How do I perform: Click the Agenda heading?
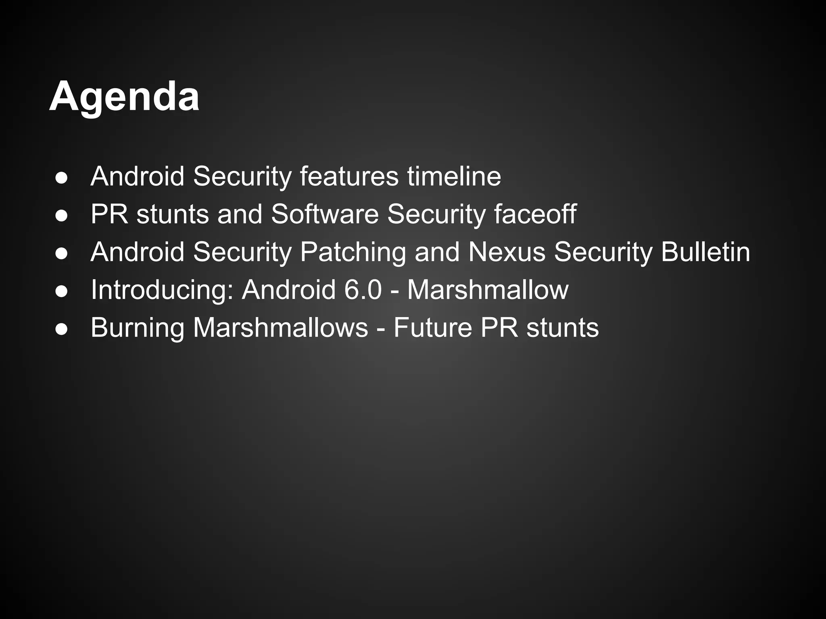[124, 97]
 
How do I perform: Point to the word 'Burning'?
[138, 327]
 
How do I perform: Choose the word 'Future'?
[433, 327]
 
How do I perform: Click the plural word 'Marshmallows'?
[280, 327]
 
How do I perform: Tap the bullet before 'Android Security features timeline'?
[62, 178]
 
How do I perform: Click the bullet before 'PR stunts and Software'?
[62, 216]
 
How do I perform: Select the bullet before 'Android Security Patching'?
[62, 253]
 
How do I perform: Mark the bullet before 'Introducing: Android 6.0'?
[62, 291]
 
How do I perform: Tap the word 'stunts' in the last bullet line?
[563, 327]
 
